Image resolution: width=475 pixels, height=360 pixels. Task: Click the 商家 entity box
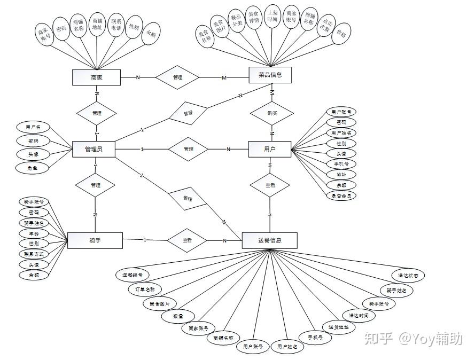pos(97,77)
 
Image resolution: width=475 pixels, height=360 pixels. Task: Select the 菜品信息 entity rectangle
pos(270,75)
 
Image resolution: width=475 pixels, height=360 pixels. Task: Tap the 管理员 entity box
pos(94,149)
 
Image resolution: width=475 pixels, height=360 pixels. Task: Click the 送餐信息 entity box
pos(269,240)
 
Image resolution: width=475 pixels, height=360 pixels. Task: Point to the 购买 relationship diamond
pos(272,113)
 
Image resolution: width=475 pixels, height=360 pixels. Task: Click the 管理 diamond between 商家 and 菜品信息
pos(177,77)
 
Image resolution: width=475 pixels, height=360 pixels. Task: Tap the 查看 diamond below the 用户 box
pos(270,184)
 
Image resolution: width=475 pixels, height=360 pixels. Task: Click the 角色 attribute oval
pos(33,168)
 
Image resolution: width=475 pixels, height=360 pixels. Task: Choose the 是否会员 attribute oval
pos(341,195)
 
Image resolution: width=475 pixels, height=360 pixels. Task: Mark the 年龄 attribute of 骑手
pos(34,233)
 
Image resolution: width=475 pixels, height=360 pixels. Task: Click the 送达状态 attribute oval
pos(408,276)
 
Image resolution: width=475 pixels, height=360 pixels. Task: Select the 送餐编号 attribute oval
pos(133,275)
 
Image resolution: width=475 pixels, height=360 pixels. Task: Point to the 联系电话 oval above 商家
pos(116,25)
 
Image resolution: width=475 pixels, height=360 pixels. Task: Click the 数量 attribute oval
pos(178,316)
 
